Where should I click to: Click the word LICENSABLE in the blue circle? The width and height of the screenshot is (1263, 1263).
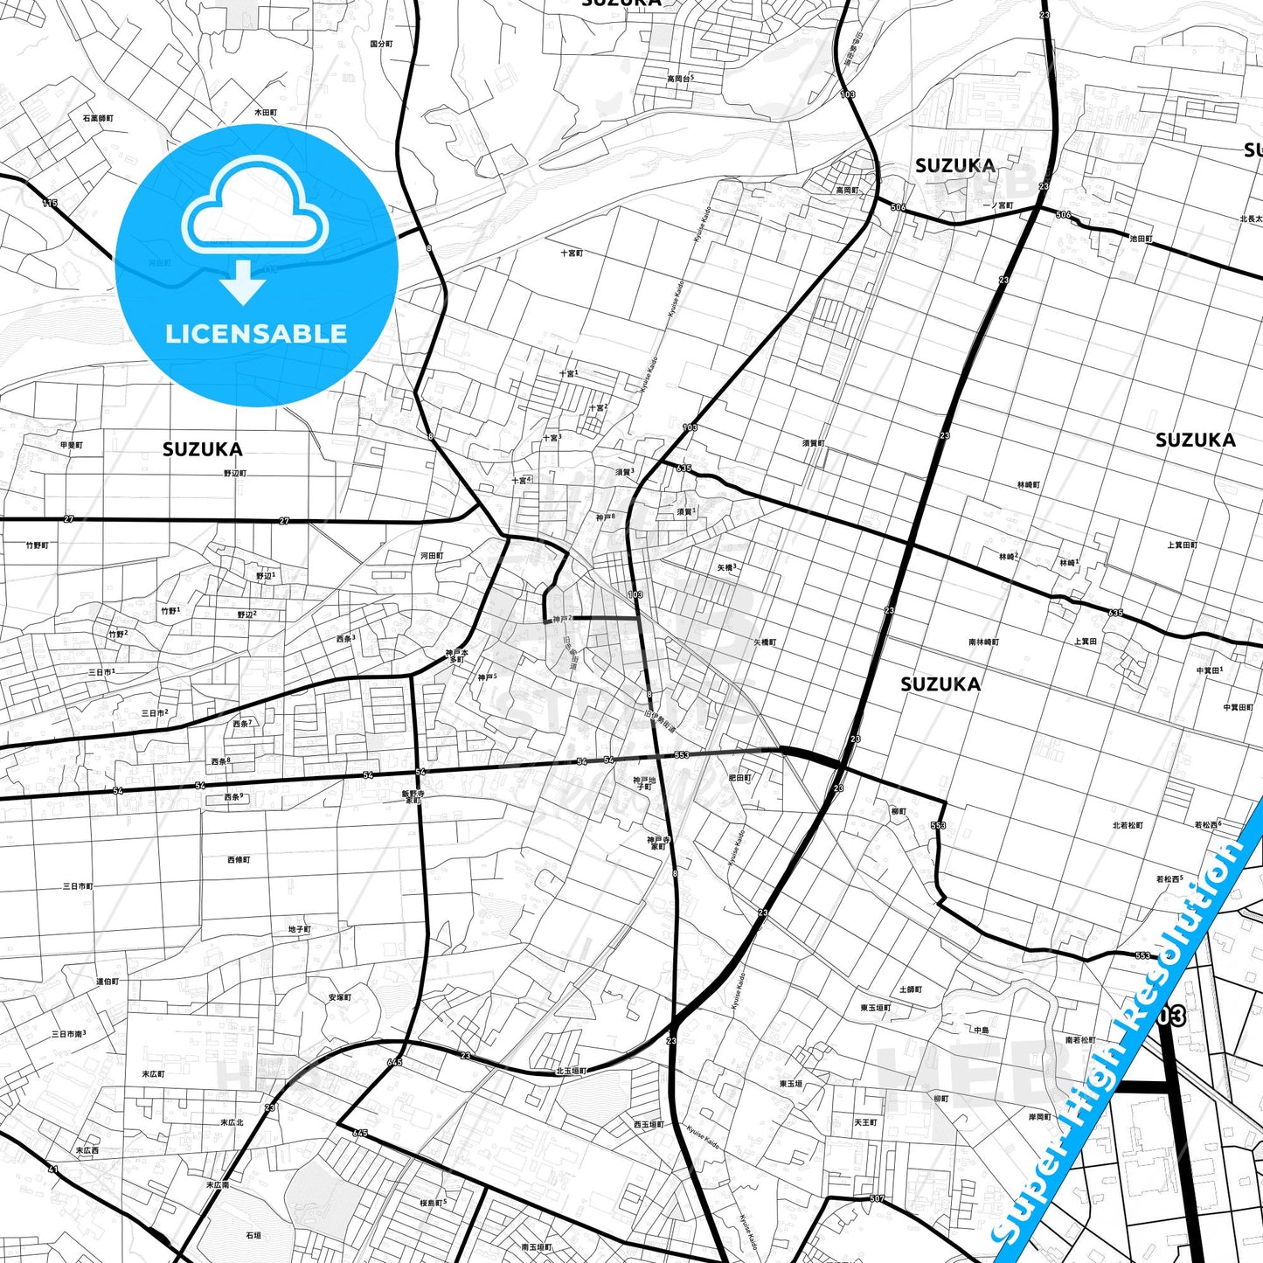tap(256, 334)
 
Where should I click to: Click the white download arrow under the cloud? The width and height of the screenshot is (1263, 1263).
tap(243, 282)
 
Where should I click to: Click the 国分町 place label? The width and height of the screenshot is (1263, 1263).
tap(381, 44)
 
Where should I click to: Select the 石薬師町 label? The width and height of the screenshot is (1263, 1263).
tap(98, 118)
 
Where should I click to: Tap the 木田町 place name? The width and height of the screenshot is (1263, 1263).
tap(266, 113)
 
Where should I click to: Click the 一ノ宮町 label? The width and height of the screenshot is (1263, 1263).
tap(998, 206)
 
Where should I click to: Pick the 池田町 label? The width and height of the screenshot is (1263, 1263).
tap(1141, 239)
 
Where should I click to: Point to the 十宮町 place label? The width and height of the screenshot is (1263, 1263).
tap(572, 253)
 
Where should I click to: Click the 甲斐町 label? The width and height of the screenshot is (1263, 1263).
tap(72, 445)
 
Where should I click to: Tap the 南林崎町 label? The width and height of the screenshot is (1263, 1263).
tap(983, 642)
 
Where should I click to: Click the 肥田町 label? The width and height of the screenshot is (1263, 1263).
tap(739, 778)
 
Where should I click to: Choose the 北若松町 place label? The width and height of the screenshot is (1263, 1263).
tap(1128, 825)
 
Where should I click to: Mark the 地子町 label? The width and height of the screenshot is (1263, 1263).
tap(299, 929)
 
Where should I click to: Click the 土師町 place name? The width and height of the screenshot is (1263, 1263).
tap(911, 989)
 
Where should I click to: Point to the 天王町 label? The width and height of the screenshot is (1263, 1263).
tap(865, 1122)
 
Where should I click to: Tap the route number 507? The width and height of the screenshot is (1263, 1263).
tap(878, 1198)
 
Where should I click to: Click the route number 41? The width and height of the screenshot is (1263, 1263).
tap(52, 1169)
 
